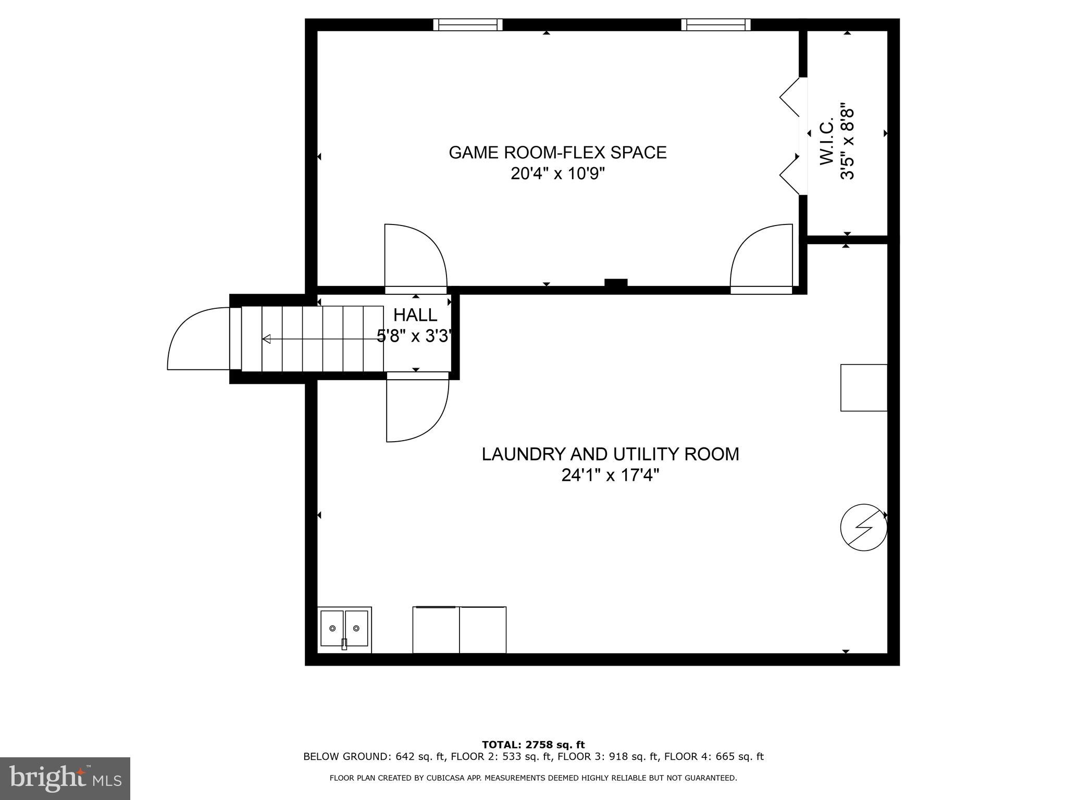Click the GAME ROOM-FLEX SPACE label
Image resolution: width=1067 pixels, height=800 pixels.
pyautogui.click(x=557, y=153)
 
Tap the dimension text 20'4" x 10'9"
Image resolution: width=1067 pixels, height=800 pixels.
pyautogui.click(x=557, y=173)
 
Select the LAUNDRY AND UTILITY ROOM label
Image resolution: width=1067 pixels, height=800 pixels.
pyautogui.click(x=610, y=454)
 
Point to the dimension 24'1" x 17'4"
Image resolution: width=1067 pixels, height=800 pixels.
pyautogui.click(x=610, y=476)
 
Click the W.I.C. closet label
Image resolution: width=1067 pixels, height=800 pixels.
pyautogui.click(x=827, y=142)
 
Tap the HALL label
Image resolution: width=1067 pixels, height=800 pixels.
pyautogui.click(x=415, y=315)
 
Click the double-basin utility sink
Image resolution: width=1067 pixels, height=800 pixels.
pyautogui.click(x=344, y=629)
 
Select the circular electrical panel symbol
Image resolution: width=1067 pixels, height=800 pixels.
pyautogui.click(x=864, y=527)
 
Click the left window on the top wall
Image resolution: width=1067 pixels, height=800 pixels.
pyautogui.click(x=468, y=24)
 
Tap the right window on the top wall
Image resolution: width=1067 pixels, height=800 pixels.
pyautogui.click(x=716, y=24)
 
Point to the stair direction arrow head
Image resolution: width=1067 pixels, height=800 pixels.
pyautogui.click(x=266, y=339)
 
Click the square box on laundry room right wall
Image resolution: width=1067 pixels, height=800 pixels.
pyautogui.click(x=863, y=387)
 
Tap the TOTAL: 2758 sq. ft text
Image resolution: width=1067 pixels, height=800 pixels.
pyautogui.click(x=533, y=745)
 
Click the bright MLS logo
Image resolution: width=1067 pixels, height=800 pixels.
pyautogui.click(x=65, y=779)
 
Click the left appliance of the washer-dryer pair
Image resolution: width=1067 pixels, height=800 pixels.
pyautogui.click(x=436, y=630)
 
